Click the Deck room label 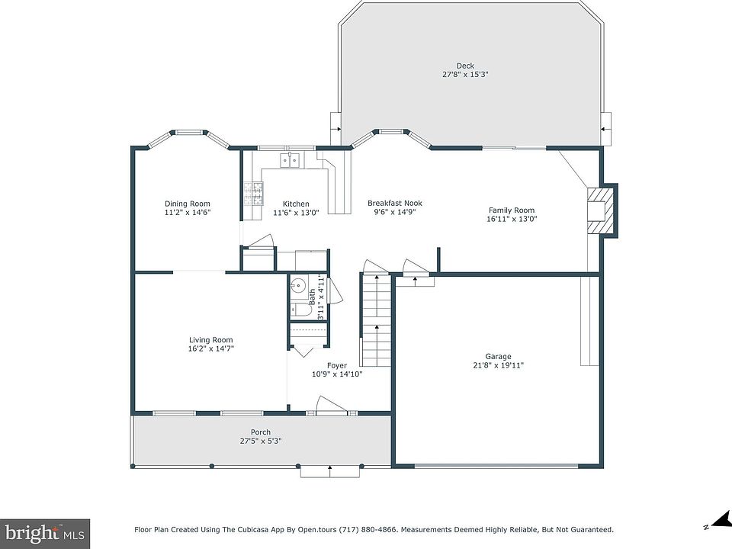tap(465, 66)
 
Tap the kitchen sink tap(290, 159)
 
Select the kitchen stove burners tap(253, 194)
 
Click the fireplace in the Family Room tap(602, 210)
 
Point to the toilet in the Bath tap(303, 310)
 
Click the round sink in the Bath tap(298, 284)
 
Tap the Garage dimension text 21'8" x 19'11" tap(498, 365)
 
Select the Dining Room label tap(188, 204)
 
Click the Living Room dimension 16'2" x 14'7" tap(211, 348)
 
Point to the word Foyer tap(336, 365)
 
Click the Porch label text tap(261, 432)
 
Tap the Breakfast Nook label tap(395, 203)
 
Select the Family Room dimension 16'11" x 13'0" tap(512, 219)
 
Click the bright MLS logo tap(45, 533)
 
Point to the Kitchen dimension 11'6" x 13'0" tap(296, 213)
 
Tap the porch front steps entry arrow tap(330, 471)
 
